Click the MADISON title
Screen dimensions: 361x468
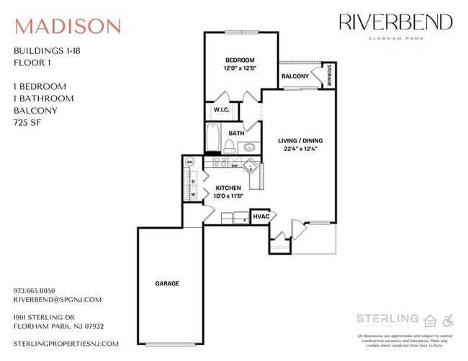pos(68,27)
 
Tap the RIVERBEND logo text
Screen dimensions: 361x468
pos(395,22)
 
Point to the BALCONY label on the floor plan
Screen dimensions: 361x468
pos(294,76)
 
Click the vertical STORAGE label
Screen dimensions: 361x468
pos(329,76)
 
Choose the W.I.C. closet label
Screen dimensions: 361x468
pos(221,110)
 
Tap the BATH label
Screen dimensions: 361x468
pos(236,133)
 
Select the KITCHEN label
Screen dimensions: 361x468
pos(228,188)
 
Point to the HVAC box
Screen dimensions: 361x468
pos(260,216)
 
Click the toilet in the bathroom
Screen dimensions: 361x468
pos(228,147)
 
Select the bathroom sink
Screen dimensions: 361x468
pos(248,148)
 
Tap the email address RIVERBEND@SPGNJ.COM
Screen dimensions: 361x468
pos(58,300)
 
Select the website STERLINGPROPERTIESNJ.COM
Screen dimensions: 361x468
pos(66,344)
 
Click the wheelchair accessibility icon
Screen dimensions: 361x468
pos(448,320)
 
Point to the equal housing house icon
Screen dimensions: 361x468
pos(431,320)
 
